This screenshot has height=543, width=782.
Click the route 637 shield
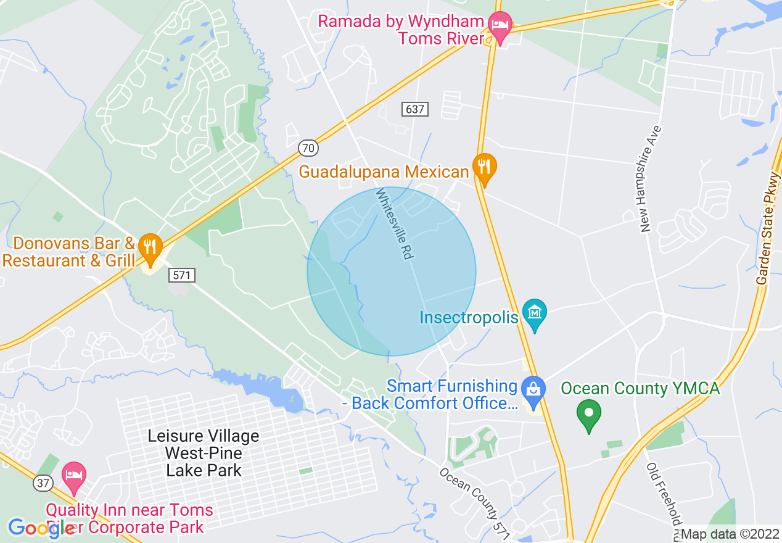pyautogui.click(x=415, y=109)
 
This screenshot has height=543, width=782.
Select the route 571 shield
pyautogui.click(x=181, y=275)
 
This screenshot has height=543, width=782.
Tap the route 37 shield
pyautogui.click(x=43, y=483)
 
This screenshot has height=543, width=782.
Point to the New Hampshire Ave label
pyautogui.click(x=651, y=179)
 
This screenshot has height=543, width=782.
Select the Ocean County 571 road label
pyautogui.click(x=474, y=502)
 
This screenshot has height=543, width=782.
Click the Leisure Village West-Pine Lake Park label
pyautogui.click(x=204, y=454)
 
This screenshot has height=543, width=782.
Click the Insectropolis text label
pyautogui.click(x=469, y=317)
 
